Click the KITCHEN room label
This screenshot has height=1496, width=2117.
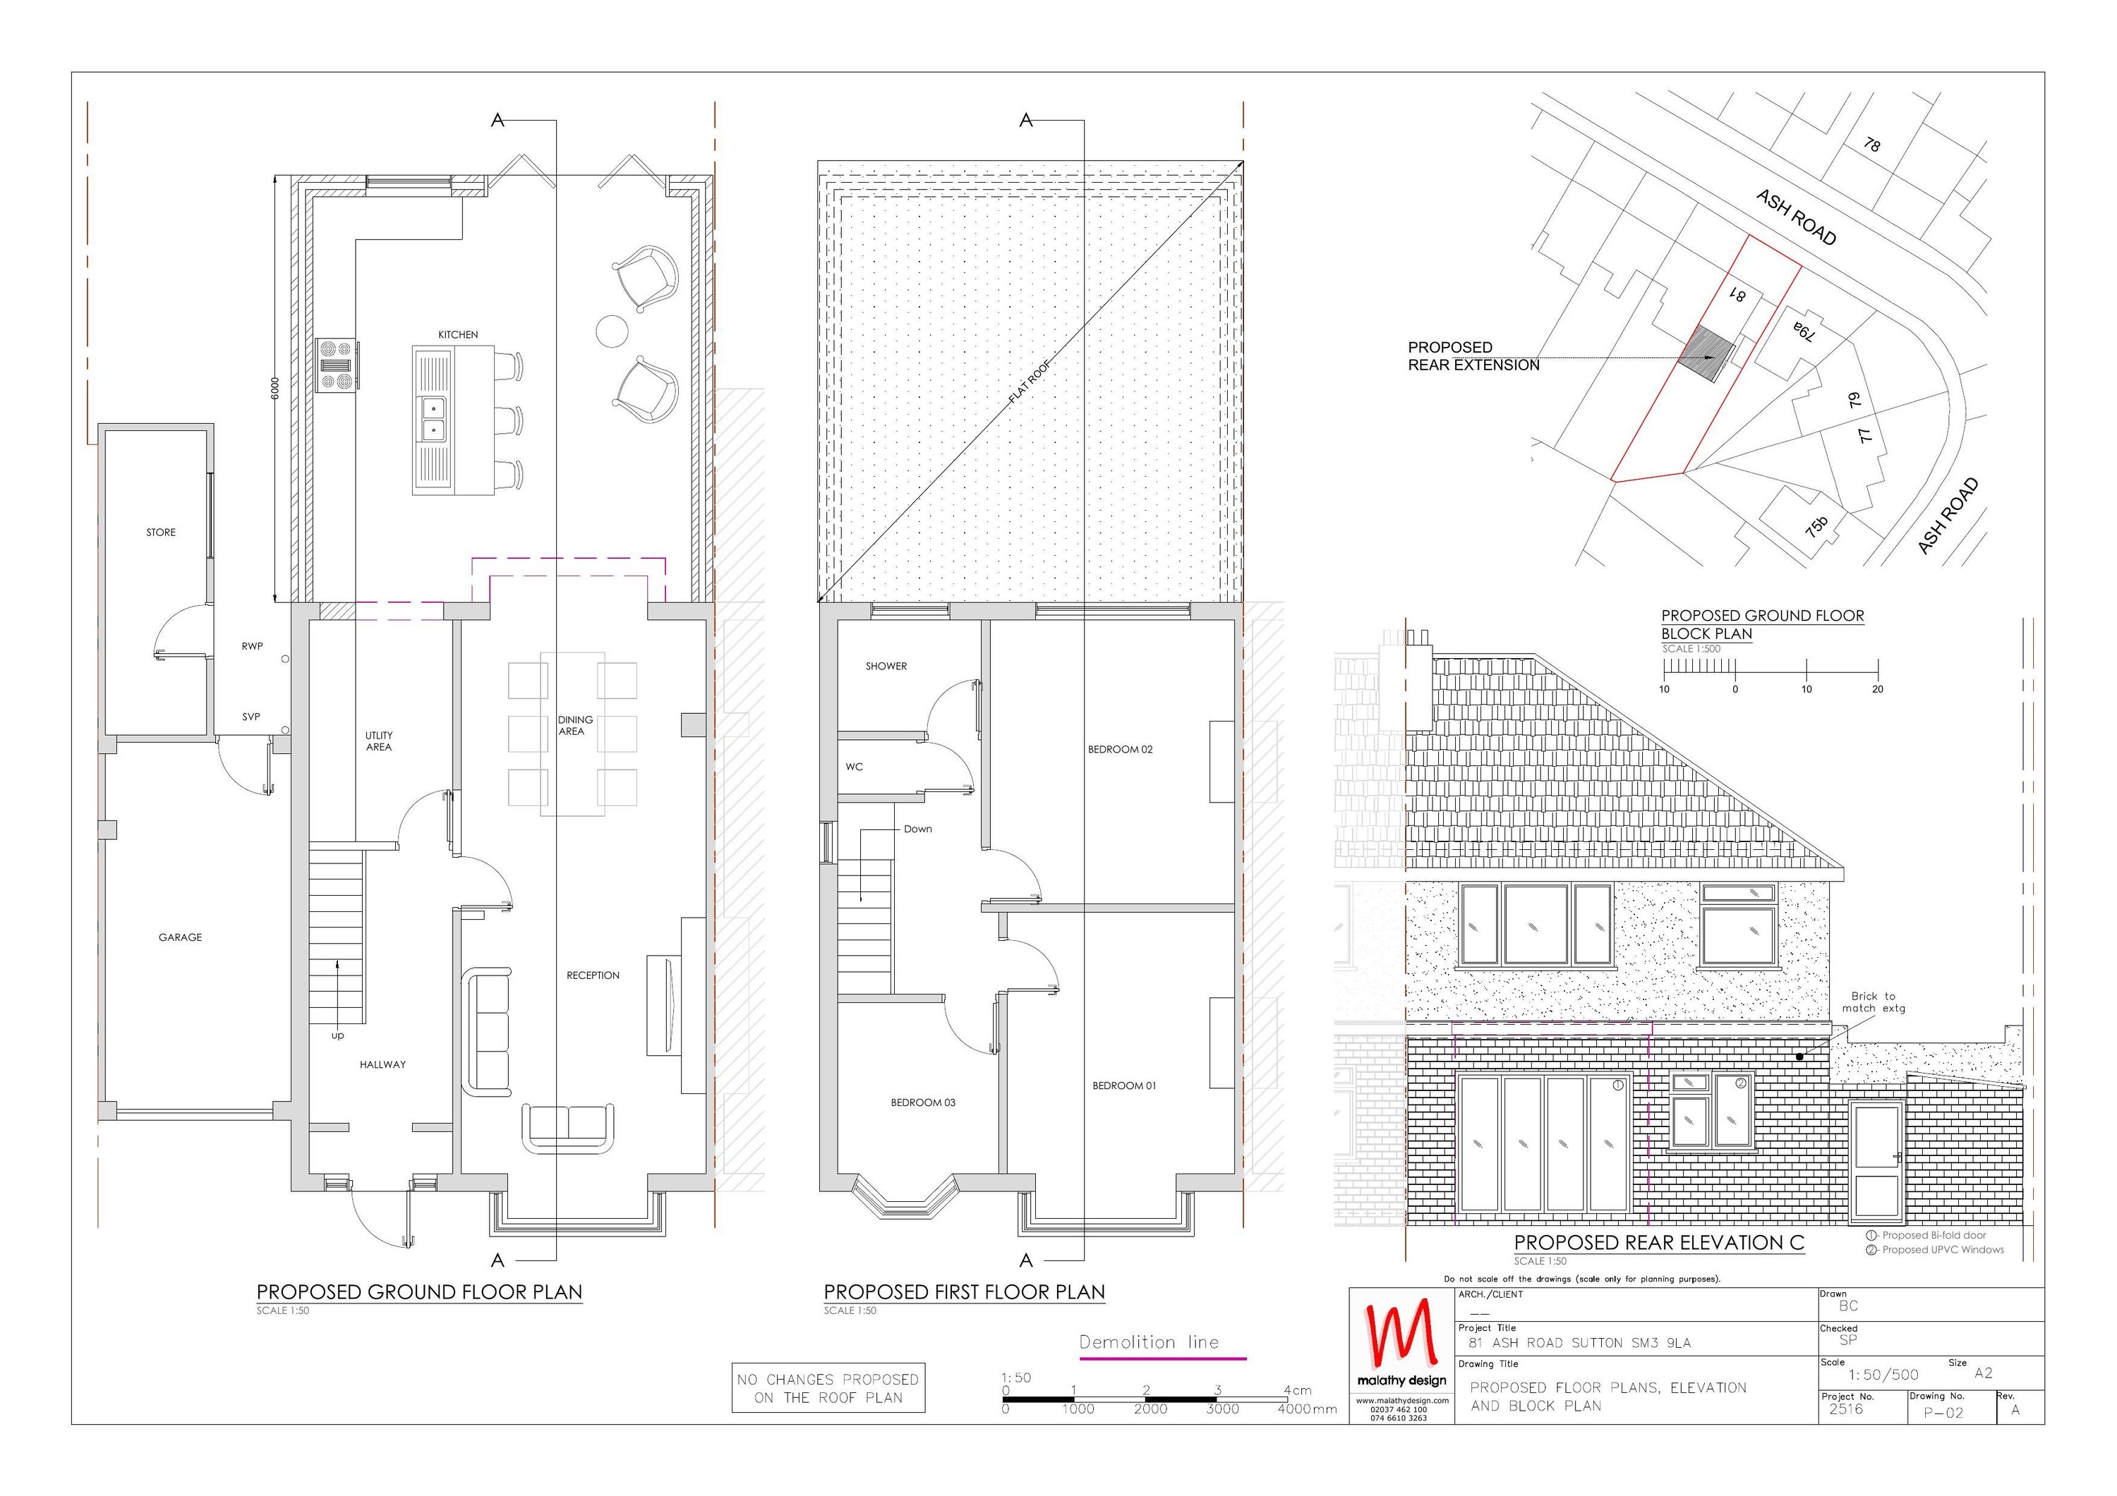pyautogui.click(x=457, y=334)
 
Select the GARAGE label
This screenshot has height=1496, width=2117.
pyautogui.click(x=180, y=937)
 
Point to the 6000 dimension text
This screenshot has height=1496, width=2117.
pyautogui.click(x=274, y=387)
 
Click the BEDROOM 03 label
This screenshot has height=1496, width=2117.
pyautogui.click(x=922, y=1102)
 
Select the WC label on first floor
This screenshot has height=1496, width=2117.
pyautogui.click(x=854, y=767)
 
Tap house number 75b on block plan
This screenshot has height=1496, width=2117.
pyautogui.click(x=1816, y=526)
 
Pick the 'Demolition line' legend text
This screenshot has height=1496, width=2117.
pyautogui.click(x=1149, y=1342)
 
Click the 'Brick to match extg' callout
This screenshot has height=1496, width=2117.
pyautogui.click(x=1873, y=1002)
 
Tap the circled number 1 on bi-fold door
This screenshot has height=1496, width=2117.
pyautogui.click(x=1617, y=1085)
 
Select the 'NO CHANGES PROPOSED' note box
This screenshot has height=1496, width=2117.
pyautogui.click(x=828, y=1388)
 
